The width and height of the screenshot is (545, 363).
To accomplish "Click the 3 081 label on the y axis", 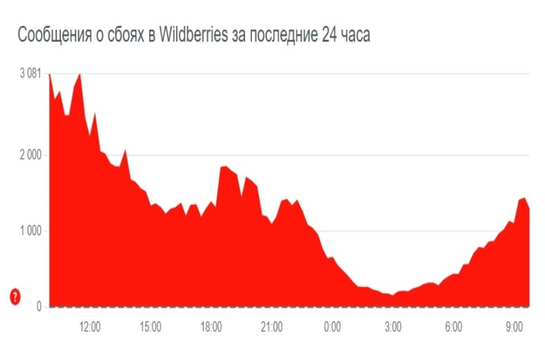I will (30, 74).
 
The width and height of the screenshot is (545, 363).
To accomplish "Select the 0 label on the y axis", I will (38, 307).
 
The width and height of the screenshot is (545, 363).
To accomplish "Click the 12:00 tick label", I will (90, 328).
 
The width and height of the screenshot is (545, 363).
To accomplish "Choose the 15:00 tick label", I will (150, 328).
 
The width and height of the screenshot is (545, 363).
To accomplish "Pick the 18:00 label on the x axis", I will (211, 328).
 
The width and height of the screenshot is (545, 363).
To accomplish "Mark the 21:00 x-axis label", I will (271, 328).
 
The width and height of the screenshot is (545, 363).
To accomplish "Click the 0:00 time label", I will (332, 328).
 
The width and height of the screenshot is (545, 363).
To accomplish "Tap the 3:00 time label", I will (393, 328).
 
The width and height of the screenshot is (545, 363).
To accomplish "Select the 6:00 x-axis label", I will (453, 328).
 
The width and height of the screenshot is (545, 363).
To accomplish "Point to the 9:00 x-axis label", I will (514, 328).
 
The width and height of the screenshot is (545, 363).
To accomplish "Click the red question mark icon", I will (15, 297).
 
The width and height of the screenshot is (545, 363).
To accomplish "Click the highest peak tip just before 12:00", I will (80, 74).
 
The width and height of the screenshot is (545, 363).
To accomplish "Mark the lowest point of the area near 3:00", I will (392, 295).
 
